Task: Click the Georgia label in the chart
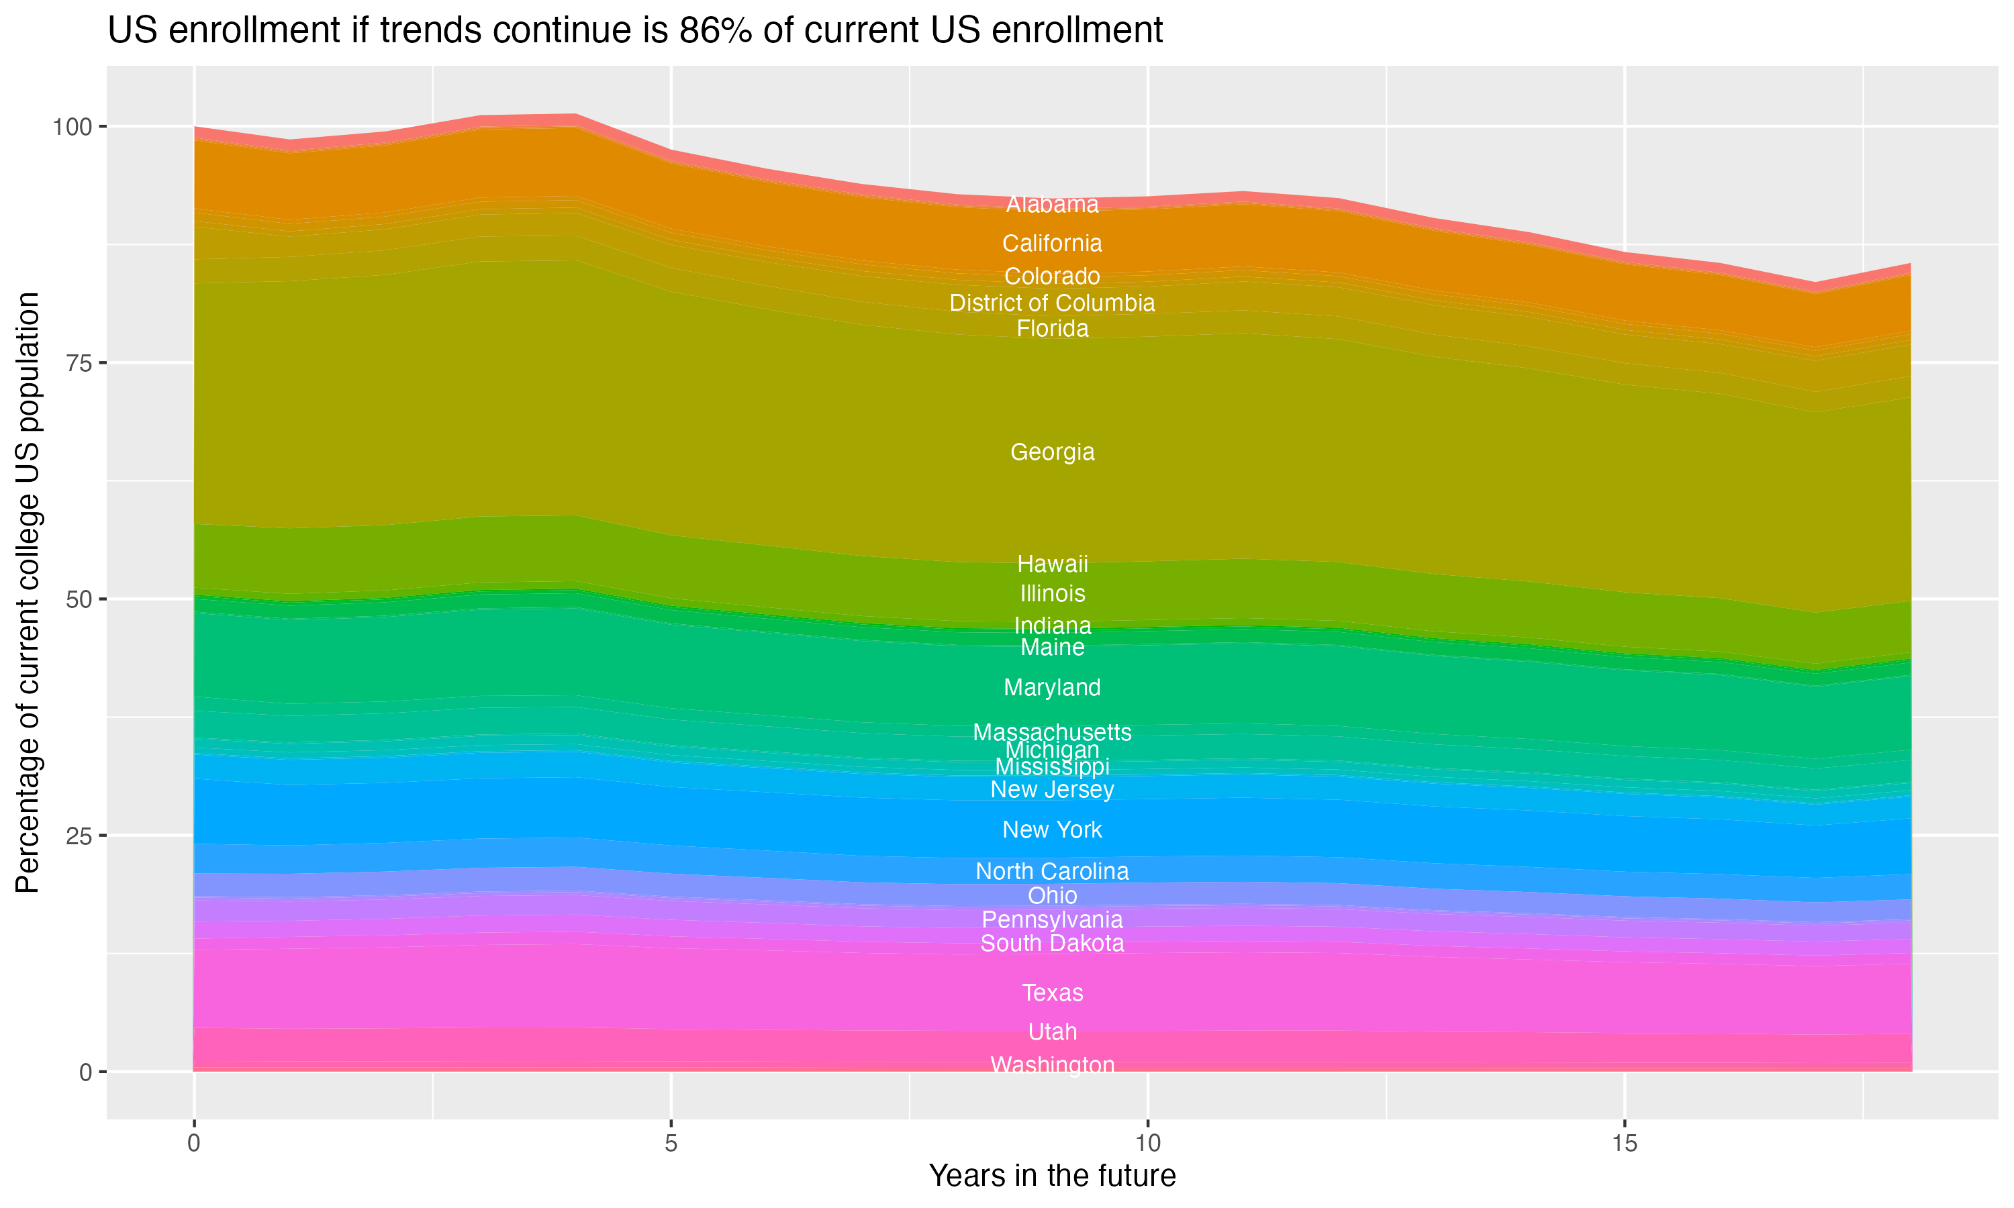1052,452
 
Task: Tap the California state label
1052,244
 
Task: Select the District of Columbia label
1052,303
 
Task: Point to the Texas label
1052,993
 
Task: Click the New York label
1052,829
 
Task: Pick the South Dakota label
1052,944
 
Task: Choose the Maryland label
1052,687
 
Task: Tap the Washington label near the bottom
1052,1065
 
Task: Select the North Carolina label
1052,871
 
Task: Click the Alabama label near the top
1052,204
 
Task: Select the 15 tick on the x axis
1624,1144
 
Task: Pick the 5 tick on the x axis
671,1144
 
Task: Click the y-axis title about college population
28,592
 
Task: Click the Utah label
1052,1031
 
